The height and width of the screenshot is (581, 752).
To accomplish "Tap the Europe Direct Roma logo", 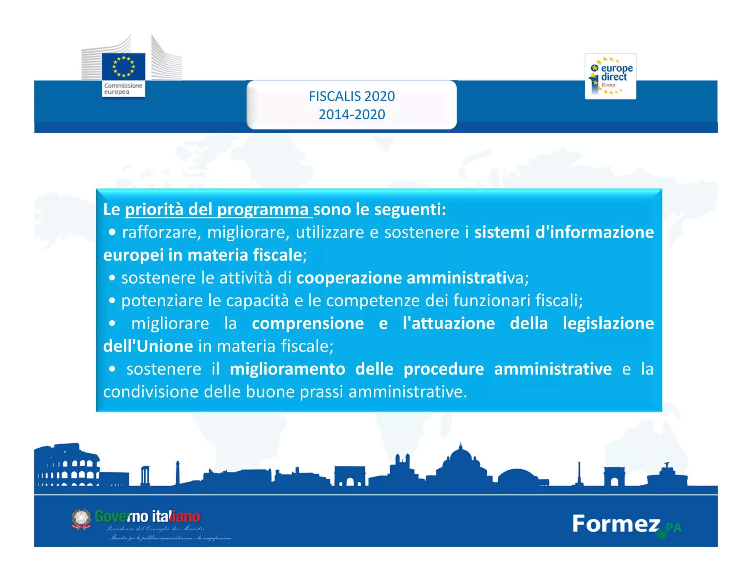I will coord(610,76).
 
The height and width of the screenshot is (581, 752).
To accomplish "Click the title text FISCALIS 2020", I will coord(352,96).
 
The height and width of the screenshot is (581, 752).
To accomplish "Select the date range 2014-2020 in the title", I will coord(352,115).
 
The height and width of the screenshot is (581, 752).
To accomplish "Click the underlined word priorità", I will coord(154,210).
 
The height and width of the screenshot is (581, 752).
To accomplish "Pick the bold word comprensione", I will coord(308,324).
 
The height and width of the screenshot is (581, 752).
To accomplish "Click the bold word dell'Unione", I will coord(148,346).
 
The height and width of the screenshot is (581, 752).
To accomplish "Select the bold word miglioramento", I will coord(288,369).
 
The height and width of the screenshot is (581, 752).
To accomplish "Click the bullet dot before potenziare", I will coord(112,301).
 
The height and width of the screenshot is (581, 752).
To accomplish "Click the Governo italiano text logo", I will coord(147,516).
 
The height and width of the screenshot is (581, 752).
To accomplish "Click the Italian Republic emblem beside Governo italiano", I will coord(81,519).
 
